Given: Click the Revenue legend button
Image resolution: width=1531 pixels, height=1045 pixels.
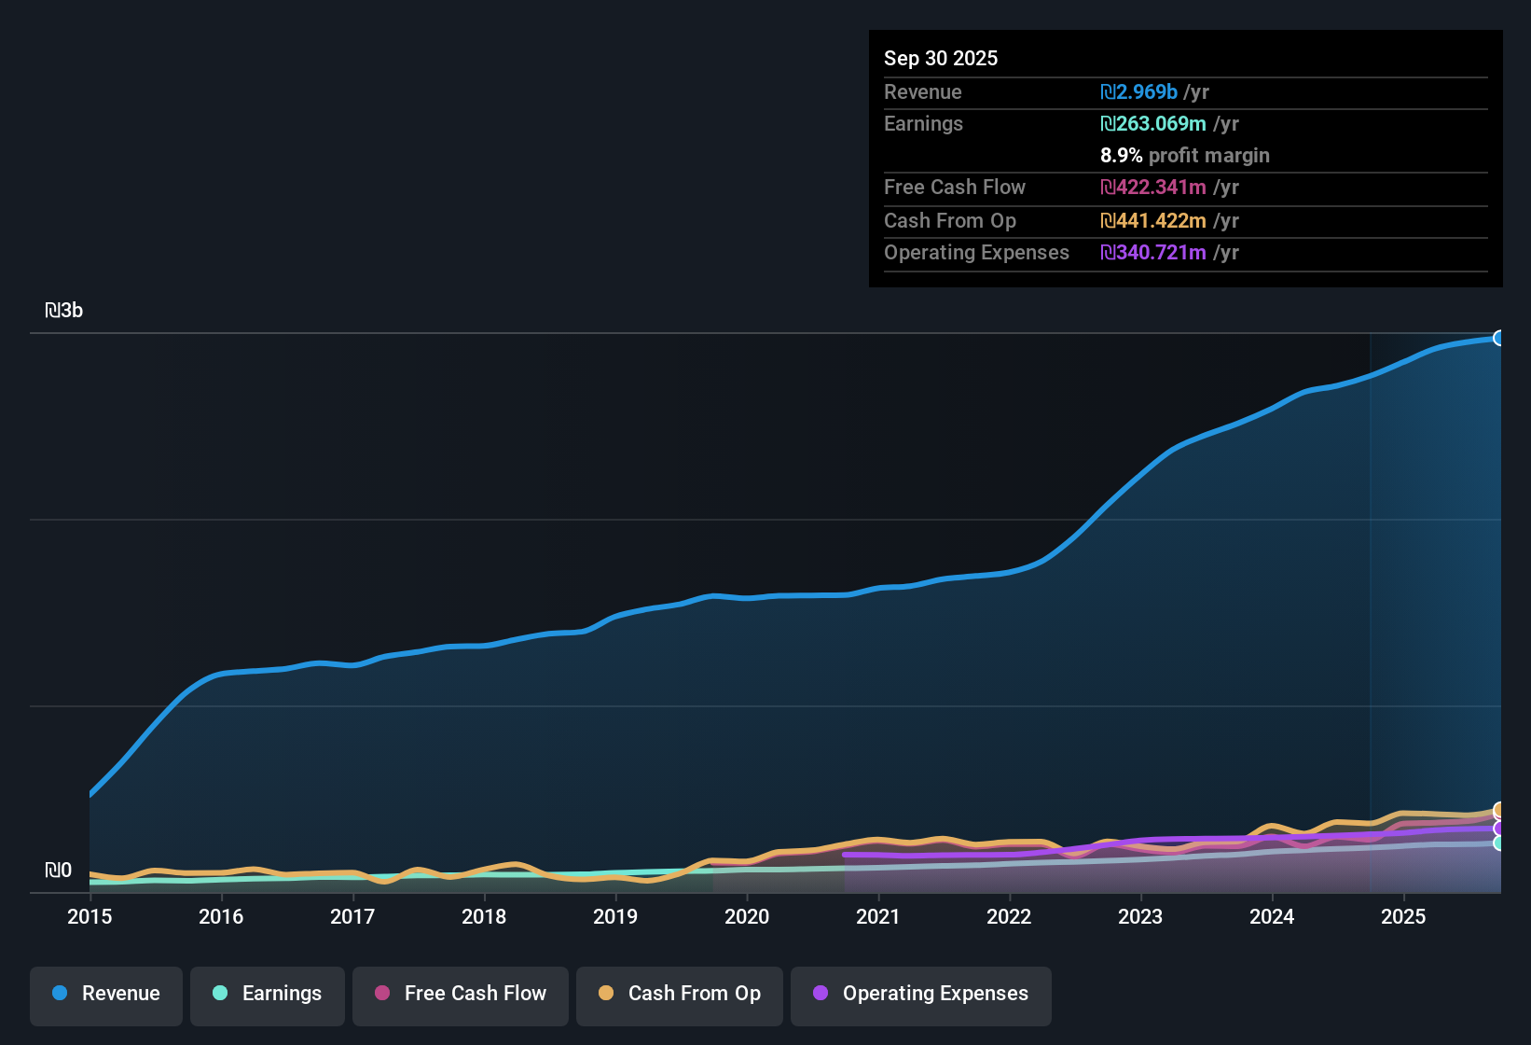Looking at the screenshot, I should click(x=106, y=994).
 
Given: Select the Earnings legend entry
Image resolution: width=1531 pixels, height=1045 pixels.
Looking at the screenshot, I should click(x=268, y=994).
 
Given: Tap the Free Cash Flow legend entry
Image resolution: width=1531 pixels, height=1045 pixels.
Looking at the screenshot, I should click(x=461, y=994).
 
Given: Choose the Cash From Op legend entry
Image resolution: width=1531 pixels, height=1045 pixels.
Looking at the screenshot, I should click(x=680, y=994).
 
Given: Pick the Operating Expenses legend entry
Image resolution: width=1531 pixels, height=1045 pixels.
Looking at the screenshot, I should click(x=921, y=994).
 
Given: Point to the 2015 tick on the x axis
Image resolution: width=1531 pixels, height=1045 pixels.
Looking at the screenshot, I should click(x=90, y=916).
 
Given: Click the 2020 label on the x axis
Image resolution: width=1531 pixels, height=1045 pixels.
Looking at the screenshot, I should click(x=747, y=916).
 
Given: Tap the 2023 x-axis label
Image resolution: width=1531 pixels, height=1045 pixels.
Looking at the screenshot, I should click(x=1140, y=916).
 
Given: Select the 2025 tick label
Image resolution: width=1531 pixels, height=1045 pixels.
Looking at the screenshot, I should click(x=1403, y=916).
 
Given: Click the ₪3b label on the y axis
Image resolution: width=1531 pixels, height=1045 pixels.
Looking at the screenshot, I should click(x=64, y=311).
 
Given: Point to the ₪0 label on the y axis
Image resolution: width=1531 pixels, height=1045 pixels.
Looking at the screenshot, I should click(x=58, y=871).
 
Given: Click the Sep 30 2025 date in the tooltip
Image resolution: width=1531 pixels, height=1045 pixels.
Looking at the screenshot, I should click(x=941, y=58).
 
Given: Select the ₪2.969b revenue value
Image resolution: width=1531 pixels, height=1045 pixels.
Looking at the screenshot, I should click(x=1138, y=92).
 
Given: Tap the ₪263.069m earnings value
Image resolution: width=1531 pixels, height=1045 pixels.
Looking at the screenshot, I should click(x=1153, y=124).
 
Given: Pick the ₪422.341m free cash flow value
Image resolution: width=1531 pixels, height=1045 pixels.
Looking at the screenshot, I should click(x=1153, y=188).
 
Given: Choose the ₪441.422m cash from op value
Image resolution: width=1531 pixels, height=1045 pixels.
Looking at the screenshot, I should click(x=1153, y=221).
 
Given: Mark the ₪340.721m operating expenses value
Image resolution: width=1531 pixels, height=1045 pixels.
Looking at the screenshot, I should click(x=1153, y=253).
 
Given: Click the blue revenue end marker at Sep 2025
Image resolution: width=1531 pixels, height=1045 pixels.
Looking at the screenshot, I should click(x=1499, y=338).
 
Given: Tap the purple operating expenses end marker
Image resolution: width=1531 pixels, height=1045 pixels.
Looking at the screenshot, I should click(x=1499, y=829).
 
